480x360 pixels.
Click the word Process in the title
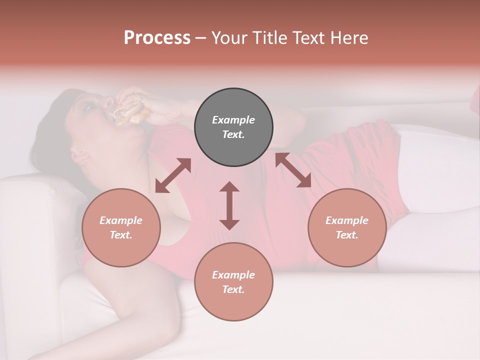tap(157, 38)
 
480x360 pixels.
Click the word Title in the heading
tap(268, 38)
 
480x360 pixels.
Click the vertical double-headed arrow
tap(229, 205)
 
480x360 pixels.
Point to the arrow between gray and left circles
tap(173, 175)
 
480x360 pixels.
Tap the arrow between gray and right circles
tap(293, 170)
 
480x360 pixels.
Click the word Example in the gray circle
tap(233, 120)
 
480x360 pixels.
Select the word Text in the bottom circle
tap(233, 289)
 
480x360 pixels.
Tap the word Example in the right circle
tap(347, 220)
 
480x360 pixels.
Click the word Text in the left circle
tap(121, 235)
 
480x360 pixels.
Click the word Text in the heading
tap(309, 38)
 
